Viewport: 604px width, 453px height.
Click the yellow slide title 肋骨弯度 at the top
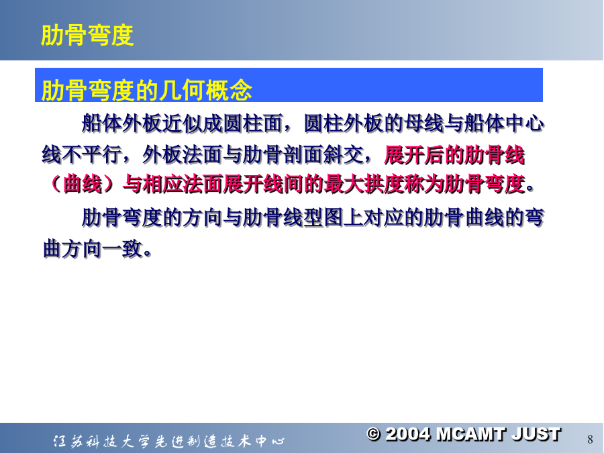tap(87, 36)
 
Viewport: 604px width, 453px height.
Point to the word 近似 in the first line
tap(182, 124)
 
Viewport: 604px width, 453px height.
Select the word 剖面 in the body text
tap(303, 155)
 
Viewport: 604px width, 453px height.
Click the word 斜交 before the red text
tap(343, 155)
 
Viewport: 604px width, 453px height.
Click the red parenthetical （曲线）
tap(83, 184)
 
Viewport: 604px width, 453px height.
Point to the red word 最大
tap(344, 184)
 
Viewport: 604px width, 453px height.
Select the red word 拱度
tap(384, 184)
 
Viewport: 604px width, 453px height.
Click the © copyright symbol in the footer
tap(373, 434)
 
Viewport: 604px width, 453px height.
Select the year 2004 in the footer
tap(407, 434)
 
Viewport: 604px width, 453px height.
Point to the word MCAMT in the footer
tap(470, 434)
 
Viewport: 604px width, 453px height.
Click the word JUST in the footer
tap(536, 434)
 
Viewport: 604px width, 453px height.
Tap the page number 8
tap(590, 439)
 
